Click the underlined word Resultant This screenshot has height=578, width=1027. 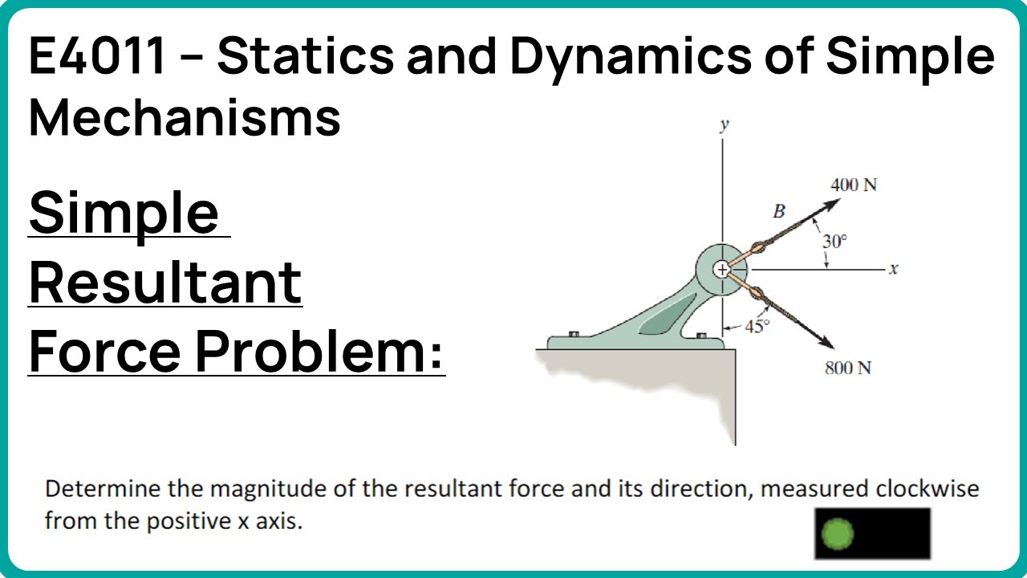(165, 282)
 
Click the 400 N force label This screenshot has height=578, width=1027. (854, 185)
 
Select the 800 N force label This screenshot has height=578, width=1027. (848, 369)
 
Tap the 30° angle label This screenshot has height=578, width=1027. (834, 241)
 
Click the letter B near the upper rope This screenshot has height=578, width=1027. (777, 212)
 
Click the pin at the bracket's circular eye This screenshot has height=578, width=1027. (722, 270)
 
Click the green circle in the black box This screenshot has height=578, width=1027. (838, 534)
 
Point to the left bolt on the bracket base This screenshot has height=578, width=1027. (573, 334)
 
